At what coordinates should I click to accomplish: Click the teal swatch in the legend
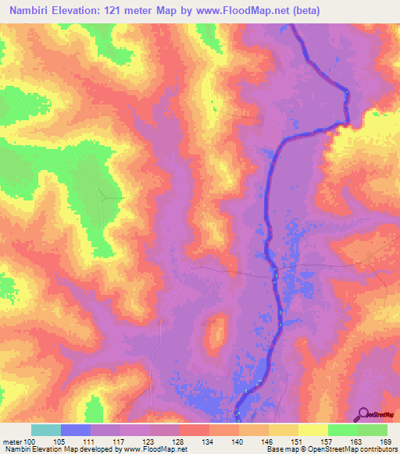pos(46,430)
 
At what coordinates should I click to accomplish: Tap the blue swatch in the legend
pos(76,430)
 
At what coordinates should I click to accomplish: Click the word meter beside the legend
pos(12,441)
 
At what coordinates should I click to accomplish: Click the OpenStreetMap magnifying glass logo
pos(364,413)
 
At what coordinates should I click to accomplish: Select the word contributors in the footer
pos(374,449)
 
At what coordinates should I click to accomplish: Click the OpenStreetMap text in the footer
pos(326,449)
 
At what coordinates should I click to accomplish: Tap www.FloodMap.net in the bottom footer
pos(153,449)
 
